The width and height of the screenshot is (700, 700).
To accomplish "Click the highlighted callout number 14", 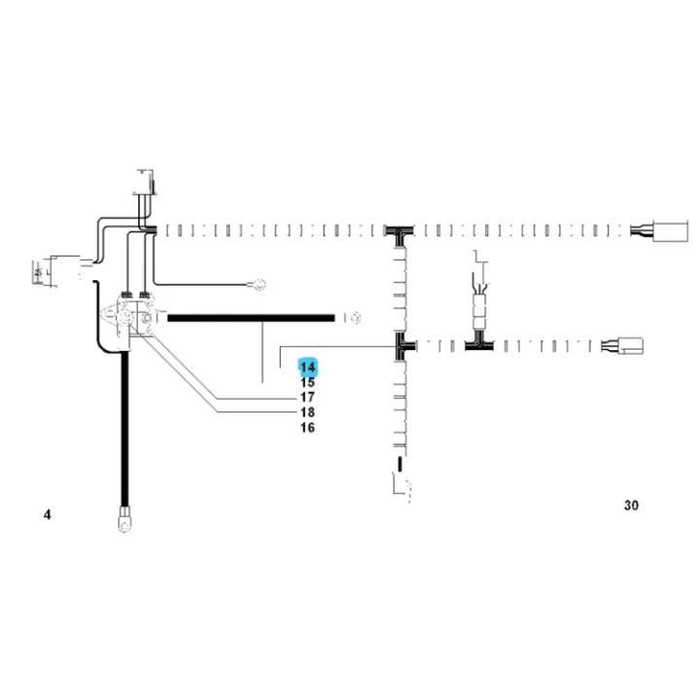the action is (x=307, y=367).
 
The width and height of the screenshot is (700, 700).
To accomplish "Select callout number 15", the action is (x=307, y=383).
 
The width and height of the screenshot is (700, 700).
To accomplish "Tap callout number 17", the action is (x=307, y=397).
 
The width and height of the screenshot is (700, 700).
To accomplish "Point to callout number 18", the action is (x=307, y=412).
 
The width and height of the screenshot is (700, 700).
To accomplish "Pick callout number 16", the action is (x=307, y=428).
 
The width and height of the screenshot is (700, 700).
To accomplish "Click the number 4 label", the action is (x=48, y=514).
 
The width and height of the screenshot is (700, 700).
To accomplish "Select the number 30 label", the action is (x=631, y=506).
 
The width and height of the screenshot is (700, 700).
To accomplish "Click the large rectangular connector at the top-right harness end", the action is (x=670, y=230).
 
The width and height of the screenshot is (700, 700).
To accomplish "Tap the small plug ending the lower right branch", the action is (x=630, y=346).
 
